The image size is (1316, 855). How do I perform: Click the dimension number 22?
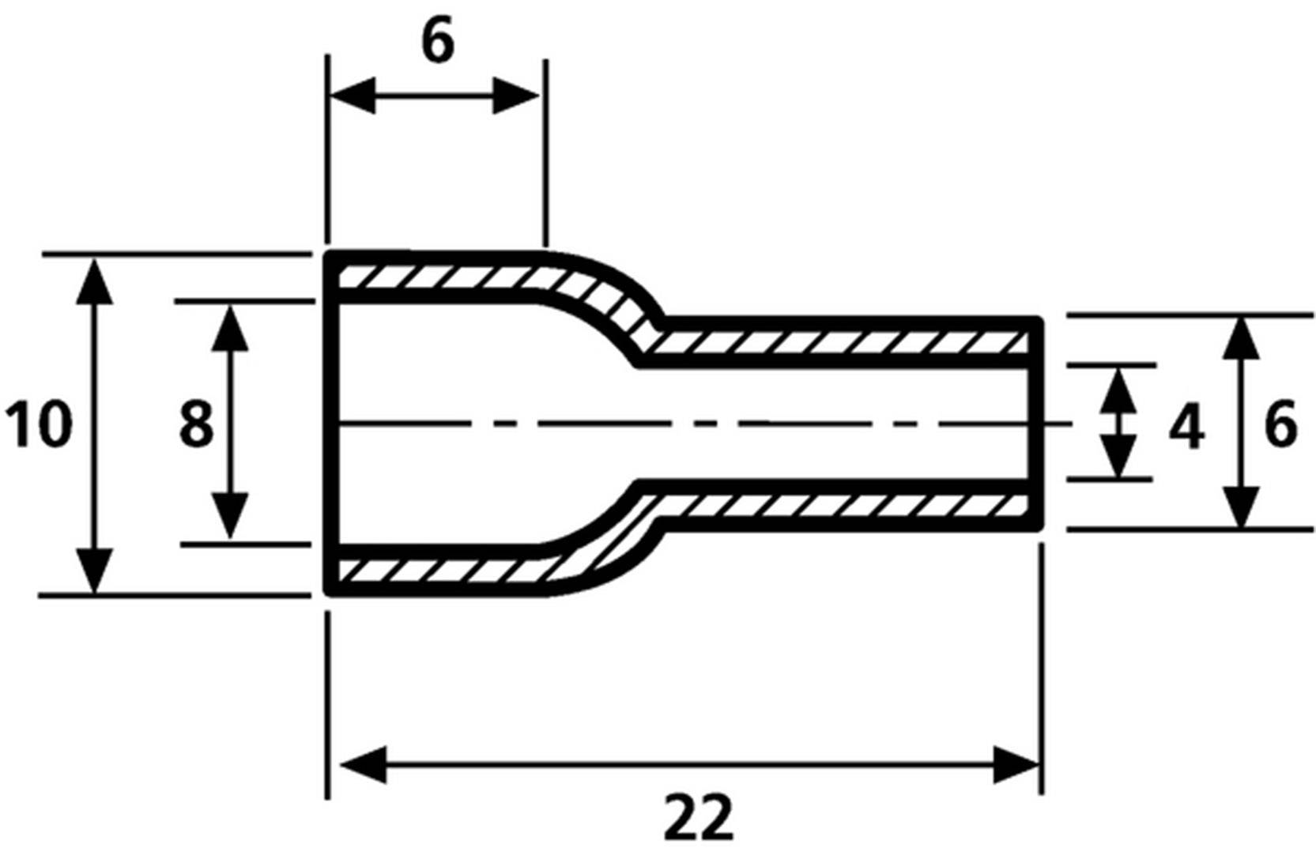click(x=699, y=819)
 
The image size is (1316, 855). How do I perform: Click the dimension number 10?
click(x=38, y=424)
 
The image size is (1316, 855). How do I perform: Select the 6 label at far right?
click(x=1280, y=425)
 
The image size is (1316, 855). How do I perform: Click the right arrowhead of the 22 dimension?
click(x=1017, y=764)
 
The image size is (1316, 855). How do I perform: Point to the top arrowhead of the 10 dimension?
click(x=94, y=281)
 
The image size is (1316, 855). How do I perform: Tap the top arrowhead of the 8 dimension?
click(x=230, y=327)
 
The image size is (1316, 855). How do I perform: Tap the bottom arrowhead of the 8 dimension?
click(x=230, y=516)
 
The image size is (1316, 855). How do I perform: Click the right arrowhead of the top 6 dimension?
click(x=516, y=96)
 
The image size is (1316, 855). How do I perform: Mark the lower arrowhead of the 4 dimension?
click(x=1120, y=458)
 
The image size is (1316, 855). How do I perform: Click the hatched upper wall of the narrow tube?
click(x=838, y=342)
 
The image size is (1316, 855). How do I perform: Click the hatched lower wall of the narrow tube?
click(x=838, y=504)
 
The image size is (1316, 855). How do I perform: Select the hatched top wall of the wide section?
click(x=435, y=277)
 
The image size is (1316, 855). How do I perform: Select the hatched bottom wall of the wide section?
click(x=435, y=570)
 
